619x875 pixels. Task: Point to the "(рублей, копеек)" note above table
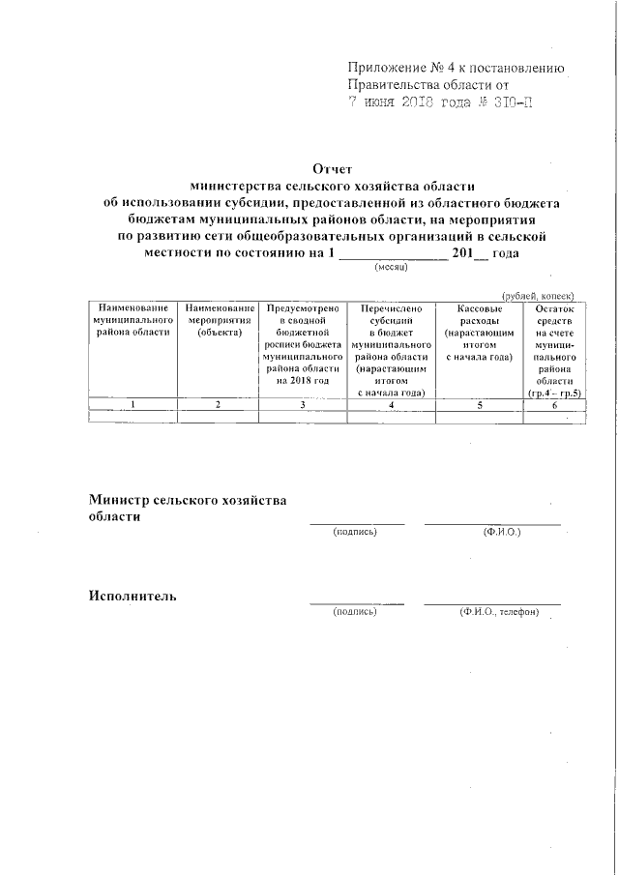click(x=538, y=296)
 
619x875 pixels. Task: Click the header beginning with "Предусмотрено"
click(x=303, y=344)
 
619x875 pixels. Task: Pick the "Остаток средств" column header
click(x=554, y=350)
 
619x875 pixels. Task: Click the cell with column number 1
click(x=133, y=404)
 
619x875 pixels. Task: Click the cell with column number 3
click(x=303, y=404)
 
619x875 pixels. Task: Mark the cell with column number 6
click(x=554, y=404)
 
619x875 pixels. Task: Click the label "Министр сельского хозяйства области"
click(x=188, y=508)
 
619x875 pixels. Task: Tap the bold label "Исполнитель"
click(x=133, y=595)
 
